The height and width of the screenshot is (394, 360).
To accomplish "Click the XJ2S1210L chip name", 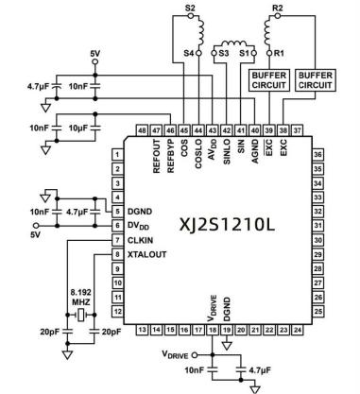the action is coord(227,225).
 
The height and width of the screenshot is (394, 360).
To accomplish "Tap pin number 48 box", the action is coord(143,130).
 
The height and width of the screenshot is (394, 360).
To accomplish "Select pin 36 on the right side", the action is coord(317,155).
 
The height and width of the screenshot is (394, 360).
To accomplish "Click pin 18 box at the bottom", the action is coord(213,330).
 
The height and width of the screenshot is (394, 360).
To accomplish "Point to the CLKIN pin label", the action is coord(140,240).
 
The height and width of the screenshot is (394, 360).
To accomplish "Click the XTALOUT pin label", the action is coord(146,254).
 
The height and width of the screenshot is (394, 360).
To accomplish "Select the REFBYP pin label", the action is coord(170,156).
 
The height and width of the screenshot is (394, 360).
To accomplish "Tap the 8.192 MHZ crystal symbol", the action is coord(81,315).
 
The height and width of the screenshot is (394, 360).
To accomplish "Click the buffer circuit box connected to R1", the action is coord(269,80).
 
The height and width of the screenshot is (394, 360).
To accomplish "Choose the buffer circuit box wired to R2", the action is coord(316,80).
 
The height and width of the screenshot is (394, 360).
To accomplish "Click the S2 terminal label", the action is coord(190,8).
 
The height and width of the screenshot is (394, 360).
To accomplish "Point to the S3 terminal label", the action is coord(223,53).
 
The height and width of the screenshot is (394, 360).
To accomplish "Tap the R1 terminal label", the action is coord(279,53).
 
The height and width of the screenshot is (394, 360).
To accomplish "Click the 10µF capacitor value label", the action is coord(78,128).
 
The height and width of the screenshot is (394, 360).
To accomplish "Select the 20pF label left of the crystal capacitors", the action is coord(50,332).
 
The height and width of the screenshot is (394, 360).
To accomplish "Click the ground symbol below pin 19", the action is coord(227,346).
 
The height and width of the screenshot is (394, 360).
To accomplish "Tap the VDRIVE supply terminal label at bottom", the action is coord(175,354).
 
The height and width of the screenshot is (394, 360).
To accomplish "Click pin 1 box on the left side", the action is coord(117,155).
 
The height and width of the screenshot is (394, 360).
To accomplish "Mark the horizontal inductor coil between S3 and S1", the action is coord(233,43).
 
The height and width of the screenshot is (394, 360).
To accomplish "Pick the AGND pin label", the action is coord(255,151).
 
